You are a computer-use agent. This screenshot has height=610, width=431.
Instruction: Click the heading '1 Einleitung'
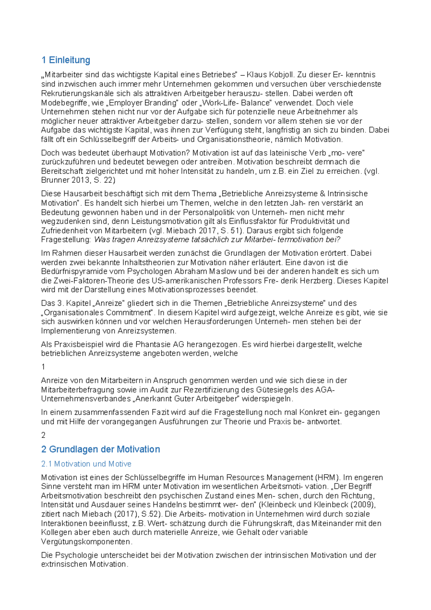pyautogui.click(x=66, y=60)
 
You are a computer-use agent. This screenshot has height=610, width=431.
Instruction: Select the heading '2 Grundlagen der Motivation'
pyautogui.click(x=101, y=449)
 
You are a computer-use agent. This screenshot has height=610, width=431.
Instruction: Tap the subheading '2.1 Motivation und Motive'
pyautogui.click(x=86, y=464)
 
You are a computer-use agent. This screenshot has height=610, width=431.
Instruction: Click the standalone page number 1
pyautogui.click(x=43, y=367)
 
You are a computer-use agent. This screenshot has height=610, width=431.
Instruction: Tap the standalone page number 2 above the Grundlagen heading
pyautogui.click(x=43, y=435)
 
